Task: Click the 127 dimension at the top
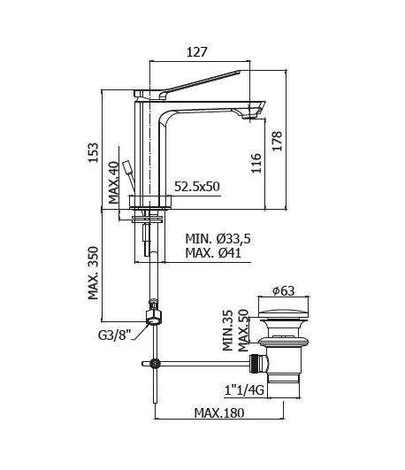coord(197,52)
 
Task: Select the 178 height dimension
coord(278,141)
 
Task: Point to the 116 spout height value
coord(256,163)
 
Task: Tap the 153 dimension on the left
coord(93,152)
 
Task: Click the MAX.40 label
coord(114,182)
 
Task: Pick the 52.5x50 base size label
coord(197,187)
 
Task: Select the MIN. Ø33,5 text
coord(218,239)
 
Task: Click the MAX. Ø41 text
coord(213,252)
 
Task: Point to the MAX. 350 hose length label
coord(93,273)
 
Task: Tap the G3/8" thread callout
coord(115,335)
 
